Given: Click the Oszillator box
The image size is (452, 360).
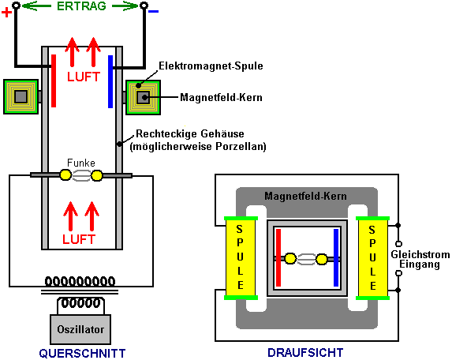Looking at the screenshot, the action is coord(80,329).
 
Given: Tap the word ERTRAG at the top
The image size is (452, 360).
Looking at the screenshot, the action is coord(81,6).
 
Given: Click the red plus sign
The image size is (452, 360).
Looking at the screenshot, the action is coord(6,13).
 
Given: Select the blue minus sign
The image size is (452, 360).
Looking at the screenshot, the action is coord(153,12).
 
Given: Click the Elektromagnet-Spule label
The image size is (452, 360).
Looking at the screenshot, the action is coord(211,66).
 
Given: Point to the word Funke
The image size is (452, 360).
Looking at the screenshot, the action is coord(81,163).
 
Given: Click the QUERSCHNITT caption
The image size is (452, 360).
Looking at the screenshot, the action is coord(83,354).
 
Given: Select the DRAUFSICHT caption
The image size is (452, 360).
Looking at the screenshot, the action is coord(305,352).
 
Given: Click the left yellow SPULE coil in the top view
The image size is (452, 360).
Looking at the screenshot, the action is coord(241,258).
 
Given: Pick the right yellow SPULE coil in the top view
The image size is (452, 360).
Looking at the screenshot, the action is coord(372,258).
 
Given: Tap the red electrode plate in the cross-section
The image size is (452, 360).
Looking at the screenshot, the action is coord(54,81).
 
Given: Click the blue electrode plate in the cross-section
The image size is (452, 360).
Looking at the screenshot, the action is coord(110,81).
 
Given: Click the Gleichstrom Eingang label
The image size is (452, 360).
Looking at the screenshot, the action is coord(420,259).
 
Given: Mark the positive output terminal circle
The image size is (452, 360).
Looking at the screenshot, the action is coord(16,6).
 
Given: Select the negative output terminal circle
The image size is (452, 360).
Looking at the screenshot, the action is coord(144,6).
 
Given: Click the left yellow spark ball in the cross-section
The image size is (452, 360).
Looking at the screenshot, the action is coord(65,174).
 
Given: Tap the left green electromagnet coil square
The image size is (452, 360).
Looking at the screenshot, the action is coord(21,96).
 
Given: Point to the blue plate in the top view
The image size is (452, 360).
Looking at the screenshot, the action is coord(336,257).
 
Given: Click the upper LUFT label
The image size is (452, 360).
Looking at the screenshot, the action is coord(84,77).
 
